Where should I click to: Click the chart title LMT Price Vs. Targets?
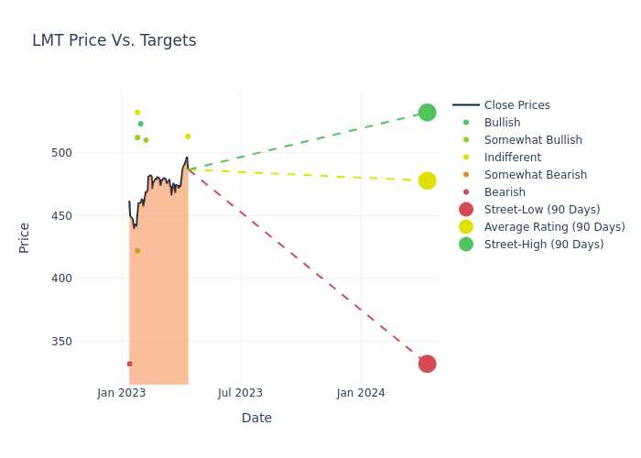click(x=114, y=40)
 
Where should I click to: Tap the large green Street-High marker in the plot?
click(x=427, y=113)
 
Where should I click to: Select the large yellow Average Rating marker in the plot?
click(x=427, y=180)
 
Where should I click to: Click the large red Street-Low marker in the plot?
click(x=427, y=364)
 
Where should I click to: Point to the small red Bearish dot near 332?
click(x=129, y=364)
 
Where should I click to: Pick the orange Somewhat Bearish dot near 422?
click(x=137, y=251)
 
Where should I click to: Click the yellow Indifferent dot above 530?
click(x=137, y=113)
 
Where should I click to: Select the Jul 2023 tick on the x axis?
click(x=240, y=393)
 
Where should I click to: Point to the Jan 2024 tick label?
click(x=361, y=393)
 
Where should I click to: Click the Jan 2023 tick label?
click(x=122, y=393)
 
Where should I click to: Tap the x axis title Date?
click(x=256, y=418)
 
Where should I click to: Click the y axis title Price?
click(x=25, y=237)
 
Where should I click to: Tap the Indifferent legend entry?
click(x=512, y=158)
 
